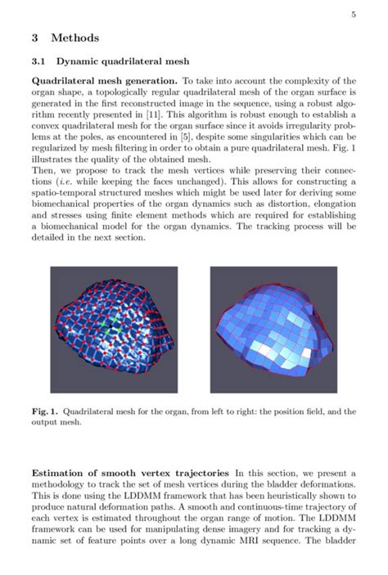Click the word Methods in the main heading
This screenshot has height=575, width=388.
75,38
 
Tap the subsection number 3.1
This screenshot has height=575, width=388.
39,61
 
